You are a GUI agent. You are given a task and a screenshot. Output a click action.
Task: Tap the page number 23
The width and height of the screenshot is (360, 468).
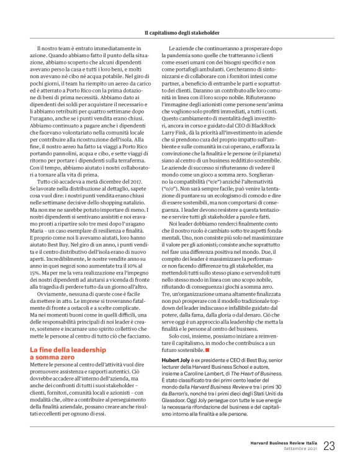pyautogui.click(x=329, y=445)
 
